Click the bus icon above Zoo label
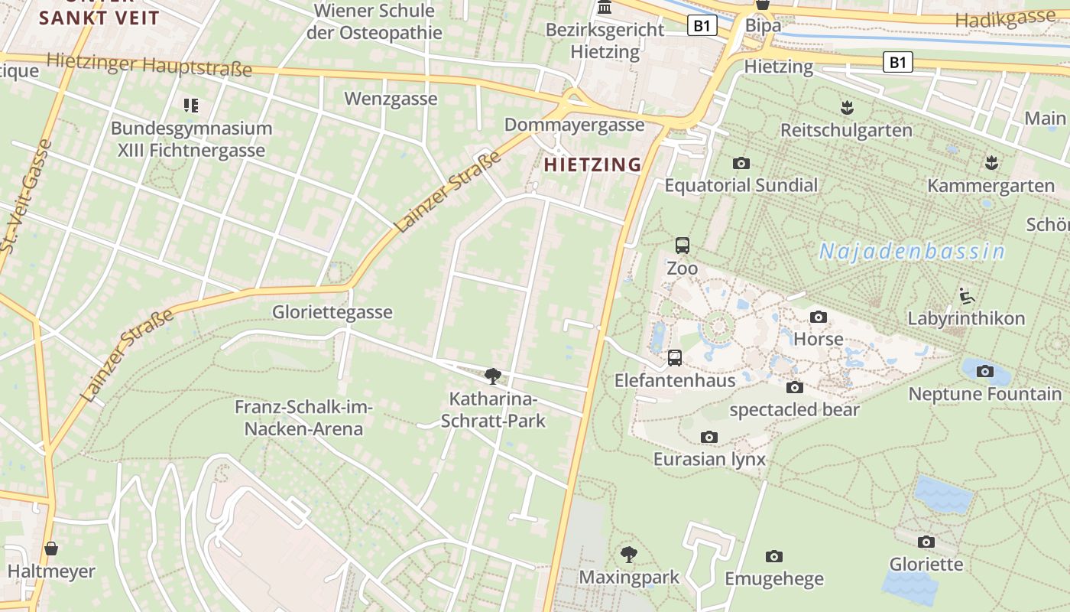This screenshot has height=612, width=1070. [683, 246]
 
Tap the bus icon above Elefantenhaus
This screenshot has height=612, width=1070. [675, 357]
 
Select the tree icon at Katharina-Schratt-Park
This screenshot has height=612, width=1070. [493, 376]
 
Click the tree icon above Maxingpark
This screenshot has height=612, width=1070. [629, 554]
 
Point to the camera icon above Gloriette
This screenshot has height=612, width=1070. [926, 542]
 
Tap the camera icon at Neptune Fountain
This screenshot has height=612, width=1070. [985, 371]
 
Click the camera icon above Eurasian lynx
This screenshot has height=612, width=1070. [709, 437]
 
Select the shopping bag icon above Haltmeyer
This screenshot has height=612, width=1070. [51, 549]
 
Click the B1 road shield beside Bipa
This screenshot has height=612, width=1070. [702, 25]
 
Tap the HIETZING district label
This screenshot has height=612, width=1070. [592, 164]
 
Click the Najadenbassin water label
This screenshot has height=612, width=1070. [912, 251]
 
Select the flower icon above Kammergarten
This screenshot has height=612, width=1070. [991, 162]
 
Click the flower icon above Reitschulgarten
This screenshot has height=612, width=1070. [846, 107]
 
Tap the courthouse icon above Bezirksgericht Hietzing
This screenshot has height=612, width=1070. [605, 8]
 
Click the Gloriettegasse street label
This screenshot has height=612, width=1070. [332, 312]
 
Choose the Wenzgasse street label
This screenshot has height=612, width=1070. [391, 99]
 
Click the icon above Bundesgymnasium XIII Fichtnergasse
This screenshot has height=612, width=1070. [191, 105]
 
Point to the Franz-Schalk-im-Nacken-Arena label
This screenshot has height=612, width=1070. [303, 418]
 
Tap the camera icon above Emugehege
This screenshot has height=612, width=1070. [774, 556]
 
